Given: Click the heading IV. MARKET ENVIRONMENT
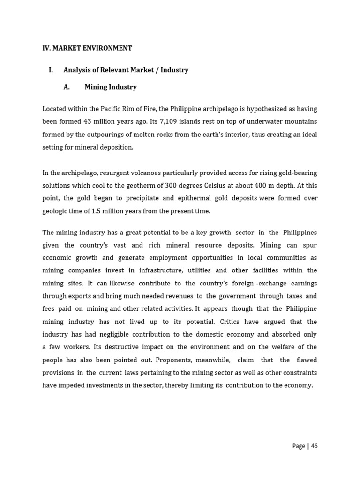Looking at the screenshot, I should point(87,48).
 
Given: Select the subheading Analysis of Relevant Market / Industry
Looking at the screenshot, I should point(126,70).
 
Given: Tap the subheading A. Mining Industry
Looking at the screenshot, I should point(111,87).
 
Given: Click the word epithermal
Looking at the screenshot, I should point(211,198).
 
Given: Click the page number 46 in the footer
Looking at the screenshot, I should point(314,446).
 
